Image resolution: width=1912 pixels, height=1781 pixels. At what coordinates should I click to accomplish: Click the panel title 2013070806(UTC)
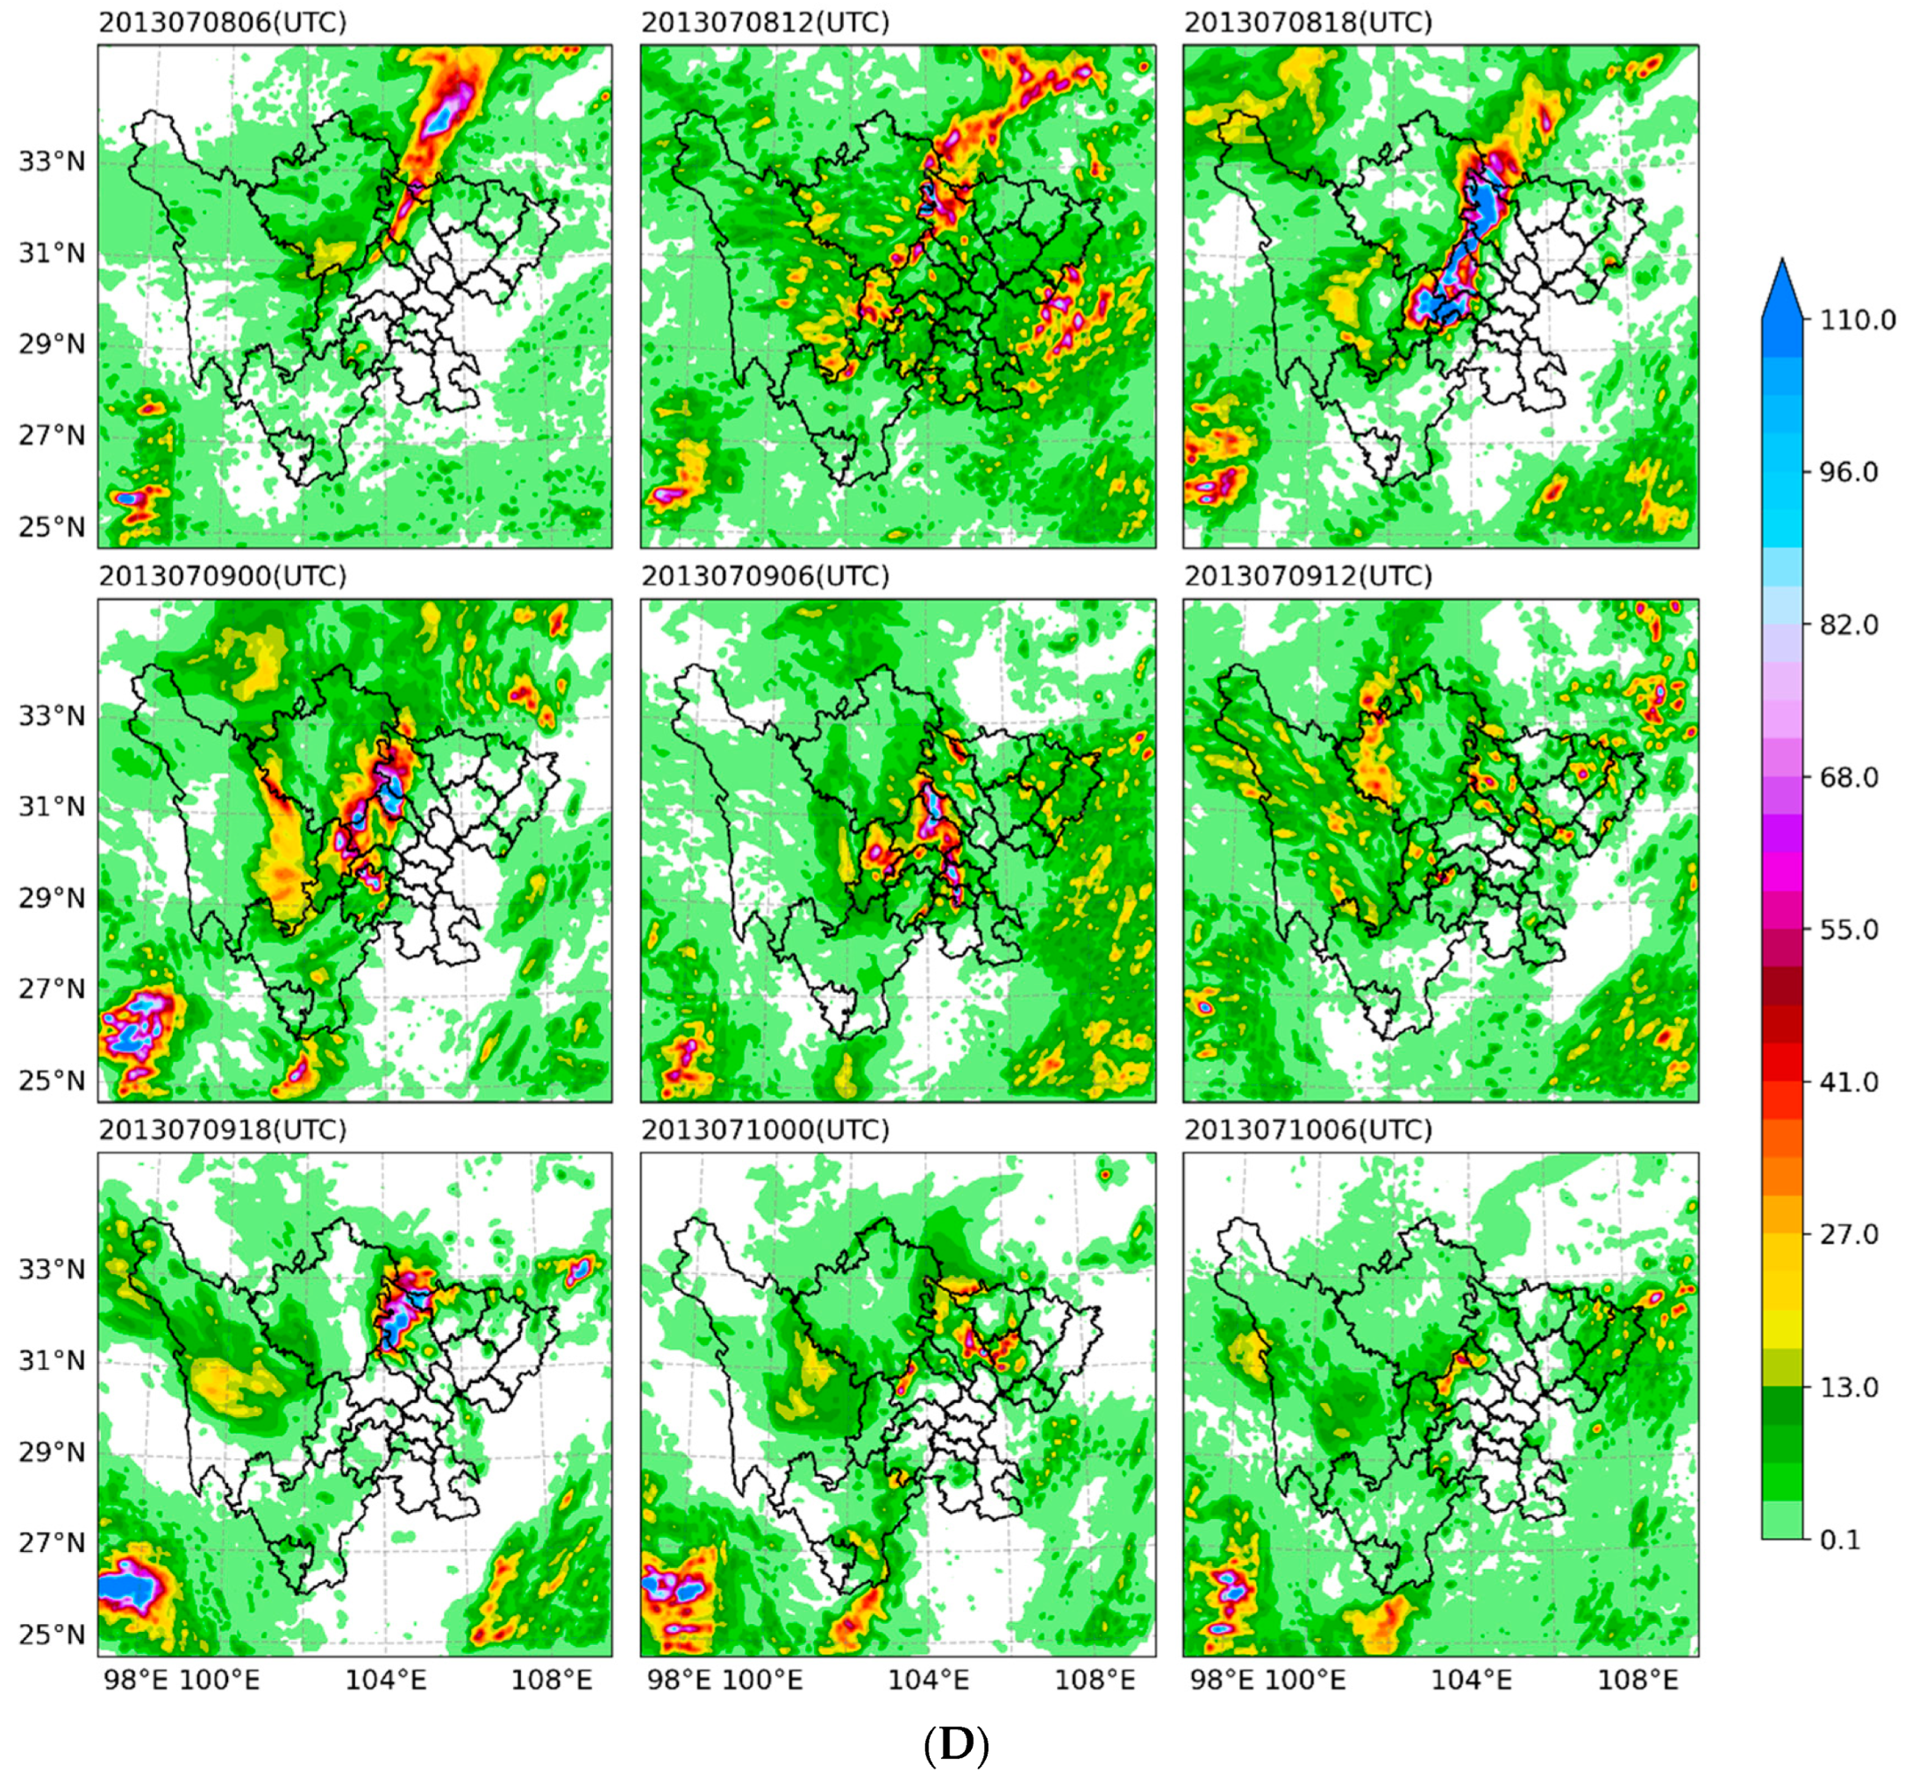coord(222,23)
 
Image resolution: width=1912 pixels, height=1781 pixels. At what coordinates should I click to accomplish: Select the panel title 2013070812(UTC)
coord(765,23)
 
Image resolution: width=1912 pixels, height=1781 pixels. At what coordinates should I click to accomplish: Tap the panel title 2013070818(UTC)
coord(1308,23)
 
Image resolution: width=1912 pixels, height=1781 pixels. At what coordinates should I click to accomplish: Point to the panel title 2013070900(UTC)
coord(222,576)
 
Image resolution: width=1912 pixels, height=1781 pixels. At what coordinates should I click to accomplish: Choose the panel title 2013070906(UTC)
coord(765,576)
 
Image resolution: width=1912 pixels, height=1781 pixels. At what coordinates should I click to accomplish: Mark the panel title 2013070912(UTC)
coord(1308,576)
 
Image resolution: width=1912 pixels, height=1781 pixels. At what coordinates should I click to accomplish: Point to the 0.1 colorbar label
coord(1841,1540)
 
